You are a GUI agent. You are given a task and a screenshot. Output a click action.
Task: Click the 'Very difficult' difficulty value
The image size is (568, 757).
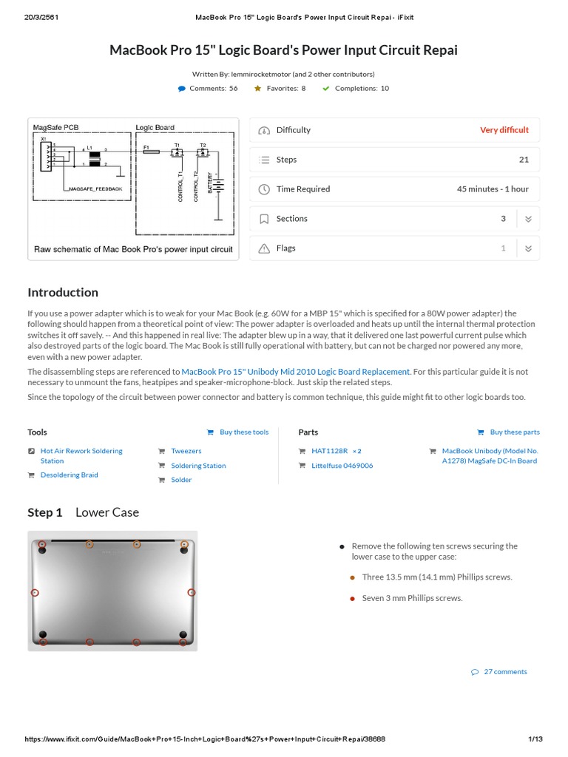504,130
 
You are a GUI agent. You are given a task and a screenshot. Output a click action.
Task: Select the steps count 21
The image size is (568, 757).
524,160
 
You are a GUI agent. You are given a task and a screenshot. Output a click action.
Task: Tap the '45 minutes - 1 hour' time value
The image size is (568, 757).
493,189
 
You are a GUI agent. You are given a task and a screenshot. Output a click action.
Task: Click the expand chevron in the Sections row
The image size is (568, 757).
528,219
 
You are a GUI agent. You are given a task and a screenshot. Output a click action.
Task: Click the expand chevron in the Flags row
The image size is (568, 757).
528,248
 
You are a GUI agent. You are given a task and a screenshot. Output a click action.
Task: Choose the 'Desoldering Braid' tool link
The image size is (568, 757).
69,475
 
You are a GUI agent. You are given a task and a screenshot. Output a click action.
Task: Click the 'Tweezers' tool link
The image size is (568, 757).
186,451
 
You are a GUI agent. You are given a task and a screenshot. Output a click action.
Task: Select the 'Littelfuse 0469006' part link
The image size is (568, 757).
342,466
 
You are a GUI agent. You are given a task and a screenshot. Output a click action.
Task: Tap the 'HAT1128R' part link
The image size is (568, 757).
326,451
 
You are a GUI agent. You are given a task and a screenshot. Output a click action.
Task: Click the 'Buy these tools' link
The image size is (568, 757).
243,432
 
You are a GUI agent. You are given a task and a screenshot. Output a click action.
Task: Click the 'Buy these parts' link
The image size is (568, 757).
514,432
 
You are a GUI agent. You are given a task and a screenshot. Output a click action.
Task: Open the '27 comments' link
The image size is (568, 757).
505,672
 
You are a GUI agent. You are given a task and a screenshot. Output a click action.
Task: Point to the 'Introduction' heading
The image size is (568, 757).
63,293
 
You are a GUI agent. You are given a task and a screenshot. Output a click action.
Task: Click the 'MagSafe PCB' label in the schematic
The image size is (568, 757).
55,127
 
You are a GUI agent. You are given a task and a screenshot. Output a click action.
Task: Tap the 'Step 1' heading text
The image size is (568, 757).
45,512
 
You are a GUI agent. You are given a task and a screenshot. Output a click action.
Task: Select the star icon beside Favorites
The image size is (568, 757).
257,89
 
